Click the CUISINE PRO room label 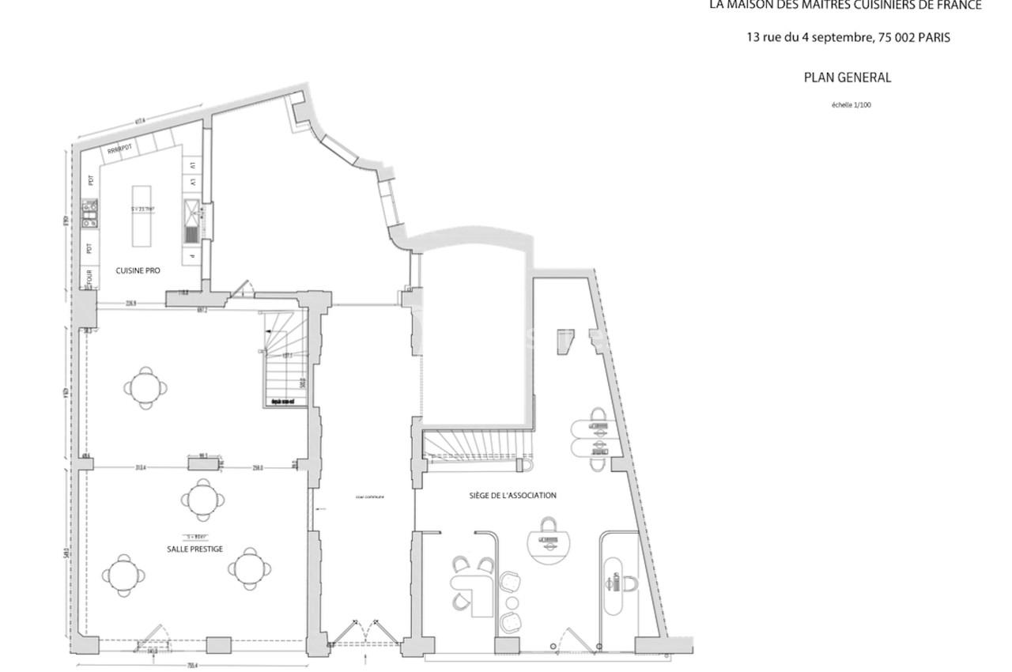[138, 270]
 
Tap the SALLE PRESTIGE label [194, 549]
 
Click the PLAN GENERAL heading [847, 77]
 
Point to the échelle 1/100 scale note [851, 105]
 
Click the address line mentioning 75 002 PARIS [848, 37]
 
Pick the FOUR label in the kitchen [90, 279]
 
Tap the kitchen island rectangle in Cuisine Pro [142, 216]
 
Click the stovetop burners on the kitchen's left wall [89, 214]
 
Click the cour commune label [369, 497]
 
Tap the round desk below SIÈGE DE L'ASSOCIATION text [549, 542]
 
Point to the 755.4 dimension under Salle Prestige [191, 666]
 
